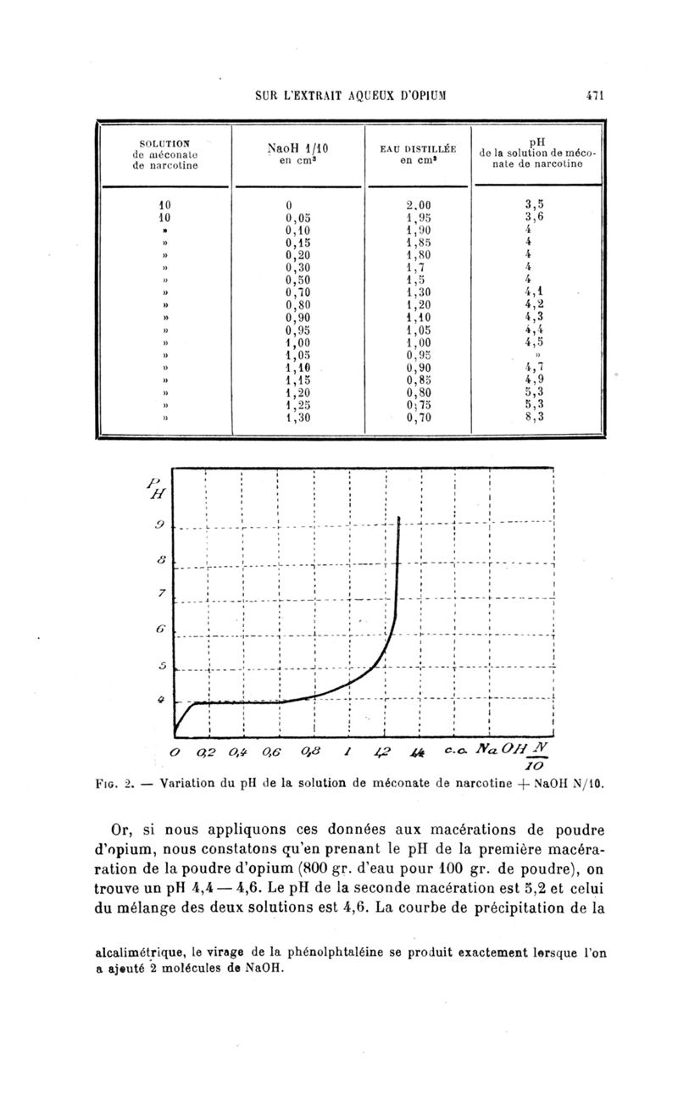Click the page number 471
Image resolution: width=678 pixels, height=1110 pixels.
click(592, 96)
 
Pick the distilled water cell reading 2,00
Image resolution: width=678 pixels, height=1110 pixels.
click(420, 204)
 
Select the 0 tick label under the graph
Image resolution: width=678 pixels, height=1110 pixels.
click(174, 752)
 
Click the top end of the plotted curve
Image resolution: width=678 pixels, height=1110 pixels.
click(398, 516)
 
